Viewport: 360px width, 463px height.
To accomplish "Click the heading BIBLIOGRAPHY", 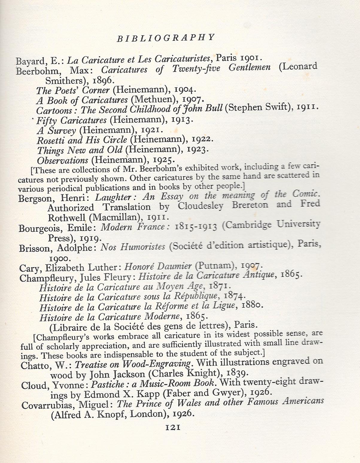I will point(165,38).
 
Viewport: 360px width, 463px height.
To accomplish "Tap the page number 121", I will point(173,427).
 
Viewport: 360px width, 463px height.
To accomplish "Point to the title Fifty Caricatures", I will point(72,120).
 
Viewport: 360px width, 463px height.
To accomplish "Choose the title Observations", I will point(63,160).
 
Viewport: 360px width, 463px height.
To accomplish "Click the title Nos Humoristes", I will point(133,247).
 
